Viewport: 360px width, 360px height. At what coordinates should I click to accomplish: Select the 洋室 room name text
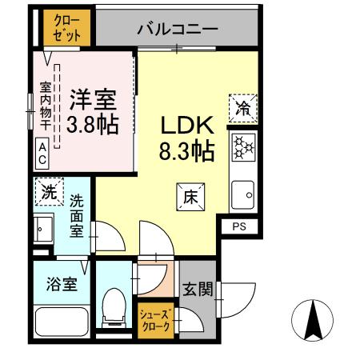click(92, 101)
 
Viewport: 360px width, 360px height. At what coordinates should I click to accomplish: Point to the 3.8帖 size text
click(92, 125)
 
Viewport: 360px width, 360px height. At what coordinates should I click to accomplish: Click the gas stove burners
click(243, 149)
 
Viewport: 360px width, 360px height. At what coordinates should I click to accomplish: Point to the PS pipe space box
click(240, 227)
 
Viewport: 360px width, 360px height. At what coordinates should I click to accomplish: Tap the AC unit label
click(41, 152)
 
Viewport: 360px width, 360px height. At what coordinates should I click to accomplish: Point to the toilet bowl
click(115, 309)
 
